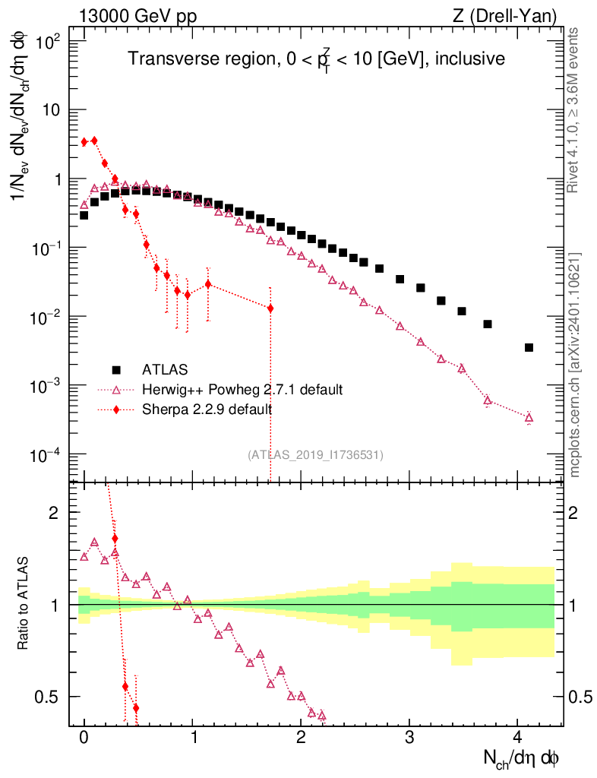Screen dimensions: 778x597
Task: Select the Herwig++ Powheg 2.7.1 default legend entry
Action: [x=242, y=390]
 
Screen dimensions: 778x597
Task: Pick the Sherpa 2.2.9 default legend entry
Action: [x=207, y=410]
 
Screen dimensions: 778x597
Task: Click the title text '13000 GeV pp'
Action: [x=137, y=16]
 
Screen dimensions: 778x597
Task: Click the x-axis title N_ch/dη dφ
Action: [x=523, y=758]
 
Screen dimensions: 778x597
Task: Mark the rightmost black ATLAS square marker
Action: [x=529, y=348]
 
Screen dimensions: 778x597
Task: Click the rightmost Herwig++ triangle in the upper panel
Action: [x=529, y=417]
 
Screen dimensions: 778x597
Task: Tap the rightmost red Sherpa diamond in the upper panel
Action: [x=270, y=308]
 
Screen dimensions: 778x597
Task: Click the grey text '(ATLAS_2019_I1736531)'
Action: [x=315, y=455]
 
